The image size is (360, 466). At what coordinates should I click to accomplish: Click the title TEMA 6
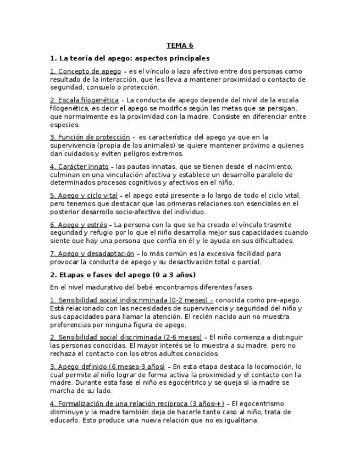tap(180, 46)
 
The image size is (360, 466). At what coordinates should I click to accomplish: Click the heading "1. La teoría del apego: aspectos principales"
tap(130, 58)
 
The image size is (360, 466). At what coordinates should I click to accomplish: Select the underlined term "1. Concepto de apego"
tap(85, 71)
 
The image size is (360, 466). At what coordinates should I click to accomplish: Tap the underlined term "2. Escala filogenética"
tap(84, 100)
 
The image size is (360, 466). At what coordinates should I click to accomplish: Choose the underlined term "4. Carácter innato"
tap(79, 167)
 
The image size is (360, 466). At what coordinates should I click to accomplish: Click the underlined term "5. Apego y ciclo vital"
tap(84, 195)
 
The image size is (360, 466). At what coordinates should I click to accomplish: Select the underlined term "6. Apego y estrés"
tap(78, 224)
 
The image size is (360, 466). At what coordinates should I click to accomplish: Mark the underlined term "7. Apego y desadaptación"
tap(92, 254)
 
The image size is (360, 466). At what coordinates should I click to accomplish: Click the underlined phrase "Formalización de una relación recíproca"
tap(122, 404)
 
